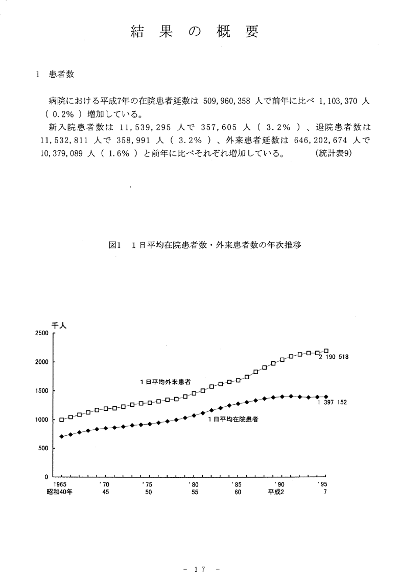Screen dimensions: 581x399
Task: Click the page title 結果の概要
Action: [195, 32]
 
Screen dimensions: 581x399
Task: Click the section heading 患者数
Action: [61, 74]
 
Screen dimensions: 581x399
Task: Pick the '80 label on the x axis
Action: [192, 483]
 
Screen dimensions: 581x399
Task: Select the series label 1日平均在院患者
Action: [232, 420]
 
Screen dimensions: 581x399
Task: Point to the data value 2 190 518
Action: [333, 357]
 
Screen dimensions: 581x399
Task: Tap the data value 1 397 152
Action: [332, 402]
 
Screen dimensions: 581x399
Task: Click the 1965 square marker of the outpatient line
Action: [62, 420]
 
